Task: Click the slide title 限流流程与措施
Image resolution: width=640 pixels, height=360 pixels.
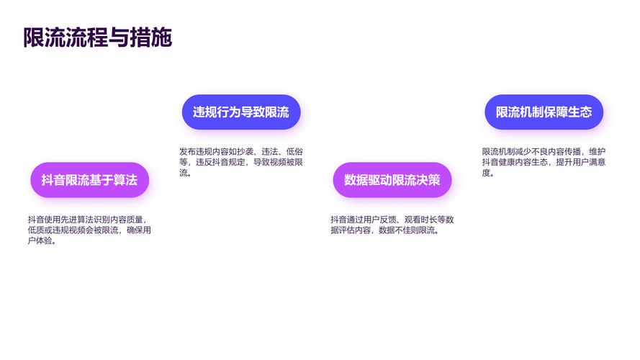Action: [98, 37]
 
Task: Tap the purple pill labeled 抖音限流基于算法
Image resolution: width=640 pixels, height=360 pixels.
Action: [90, 180]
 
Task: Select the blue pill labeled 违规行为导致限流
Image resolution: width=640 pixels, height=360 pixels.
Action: [241, 112]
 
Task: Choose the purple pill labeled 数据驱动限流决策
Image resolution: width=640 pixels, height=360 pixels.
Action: [392, 180]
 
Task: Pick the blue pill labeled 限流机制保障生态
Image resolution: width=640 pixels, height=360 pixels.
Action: [544, 112]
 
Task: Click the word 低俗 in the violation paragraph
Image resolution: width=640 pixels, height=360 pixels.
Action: [294, 152]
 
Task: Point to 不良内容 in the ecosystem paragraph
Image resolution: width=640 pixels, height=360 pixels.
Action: [548, 152]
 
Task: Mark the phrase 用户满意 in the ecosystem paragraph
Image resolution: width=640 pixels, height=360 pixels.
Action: [589, 163]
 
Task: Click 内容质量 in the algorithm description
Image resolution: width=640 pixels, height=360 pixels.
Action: [127, 220]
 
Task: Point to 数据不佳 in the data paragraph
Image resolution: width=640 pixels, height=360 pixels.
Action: [395, 230]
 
